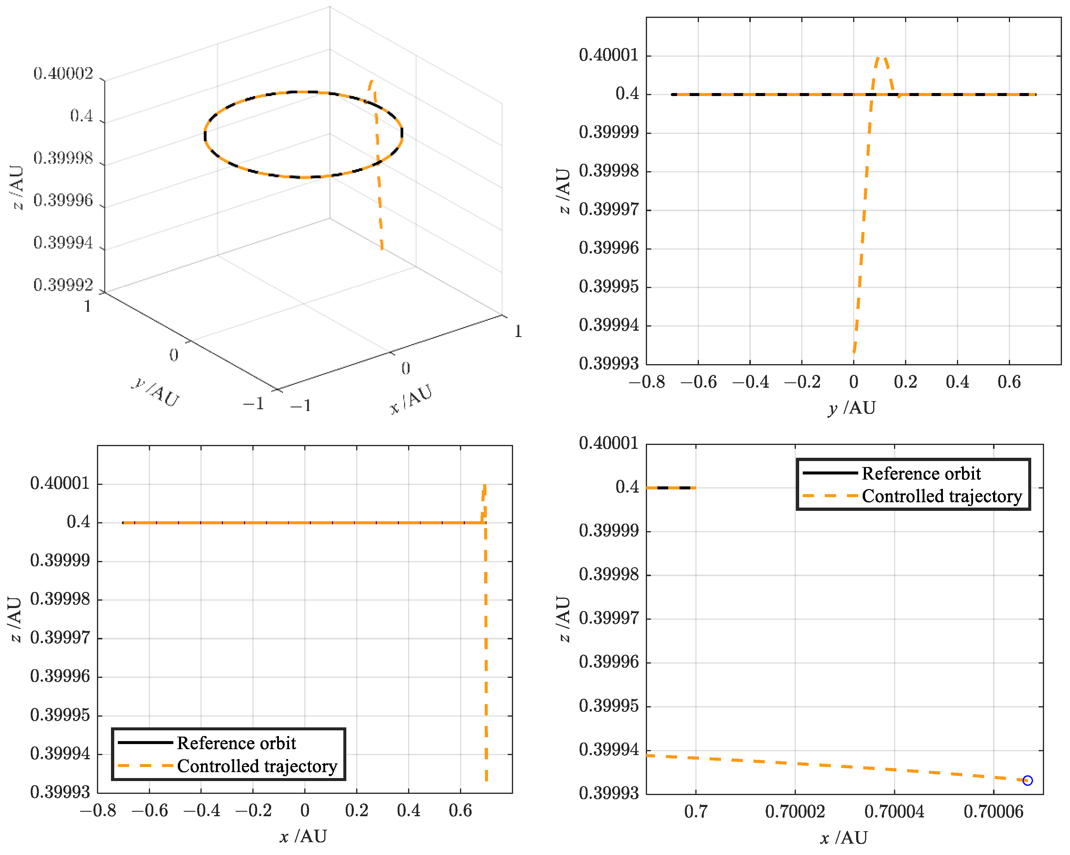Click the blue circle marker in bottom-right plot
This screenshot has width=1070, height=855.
[1027, 780]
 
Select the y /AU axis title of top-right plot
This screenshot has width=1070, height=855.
[852, 408]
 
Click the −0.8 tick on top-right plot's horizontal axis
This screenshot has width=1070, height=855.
[647, 382]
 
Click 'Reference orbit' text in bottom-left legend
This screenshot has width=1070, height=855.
[236, 743]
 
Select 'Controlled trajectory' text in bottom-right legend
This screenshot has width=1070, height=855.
[941, 496]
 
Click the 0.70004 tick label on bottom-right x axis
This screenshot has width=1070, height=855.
[894, 812]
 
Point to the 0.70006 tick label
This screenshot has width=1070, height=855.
[994, 812]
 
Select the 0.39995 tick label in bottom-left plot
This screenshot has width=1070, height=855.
[60, 715]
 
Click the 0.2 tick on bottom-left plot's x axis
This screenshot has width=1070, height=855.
[357, 811]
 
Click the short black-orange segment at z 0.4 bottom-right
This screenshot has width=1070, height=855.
[671, 488]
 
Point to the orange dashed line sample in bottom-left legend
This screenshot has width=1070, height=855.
[145, 766]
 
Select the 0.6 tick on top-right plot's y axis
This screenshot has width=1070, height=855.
[1009, 382]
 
